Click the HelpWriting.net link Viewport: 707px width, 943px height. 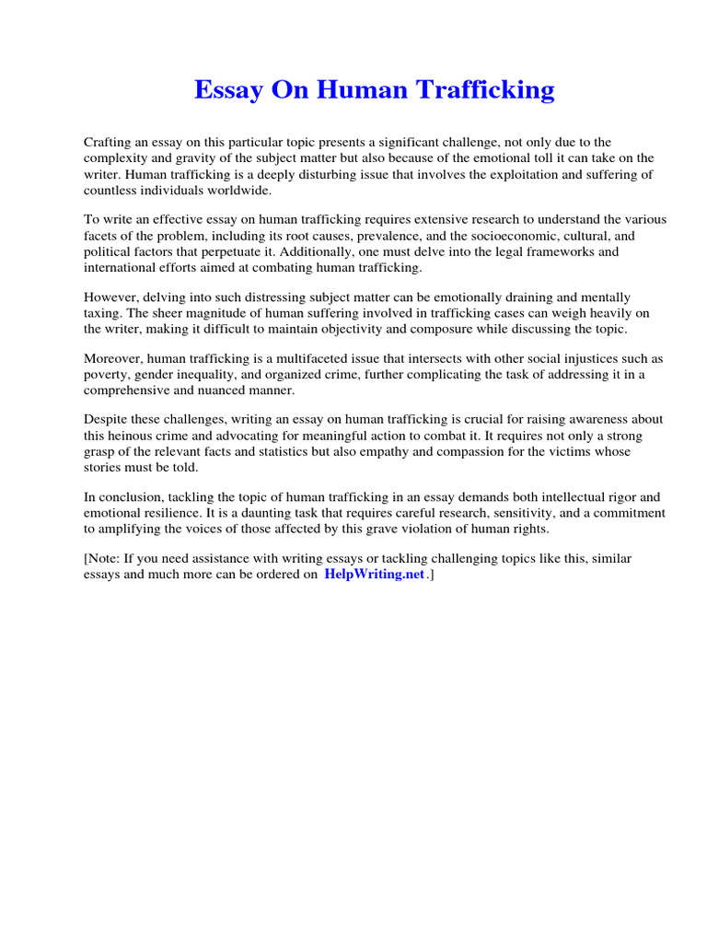pos(375,575)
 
